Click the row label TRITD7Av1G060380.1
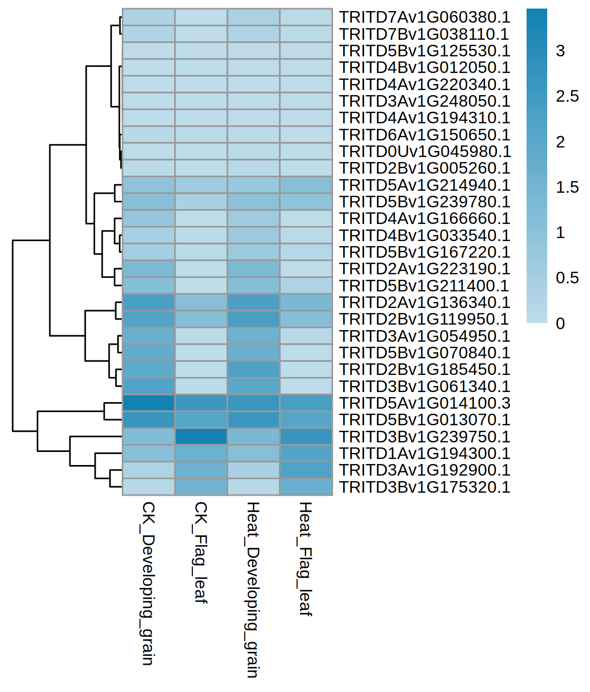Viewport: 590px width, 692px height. (x=424, y=17)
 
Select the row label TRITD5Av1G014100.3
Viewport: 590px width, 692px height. (x=424, y=403)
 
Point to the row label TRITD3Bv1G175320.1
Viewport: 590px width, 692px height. (x=424, y=487)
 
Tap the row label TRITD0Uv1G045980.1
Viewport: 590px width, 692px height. (x=425, y=151)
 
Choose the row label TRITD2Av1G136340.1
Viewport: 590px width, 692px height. (x=424, y=302)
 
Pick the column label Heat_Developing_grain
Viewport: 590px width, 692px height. (x=253, y=589)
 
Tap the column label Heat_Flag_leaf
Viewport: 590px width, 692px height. (x=305, y=559)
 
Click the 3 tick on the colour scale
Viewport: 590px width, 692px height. (x=560, y=51)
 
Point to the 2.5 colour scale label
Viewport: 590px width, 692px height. (x=567, y=96)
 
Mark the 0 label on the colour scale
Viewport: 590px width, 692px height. (x=560, y=323)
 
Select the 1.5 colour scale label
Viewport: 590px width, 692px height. (x=567, y=187)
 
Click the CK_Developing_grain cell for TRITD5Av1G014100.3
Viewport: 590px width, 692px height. (x=149, y=403)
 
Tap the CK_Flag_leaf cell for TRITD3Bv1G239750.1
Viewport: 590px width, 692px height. (x=201, y=437)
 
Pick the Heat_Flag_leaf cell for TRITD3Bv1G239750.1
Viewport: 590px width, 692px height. (x=306, y=437)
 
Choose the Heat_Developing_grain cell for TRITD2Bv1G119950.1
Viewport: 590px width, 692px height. (x=253, y=319)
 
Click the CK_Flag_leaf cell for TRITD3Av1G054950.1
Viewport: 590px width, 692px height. (x=201, y=336)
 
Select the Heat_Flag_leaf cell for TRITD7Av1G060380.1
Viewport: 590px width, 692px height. (x=306, y=17)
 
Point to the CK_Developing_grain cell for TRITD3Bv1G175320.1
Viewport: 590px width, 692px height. (x=149, y=487)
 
